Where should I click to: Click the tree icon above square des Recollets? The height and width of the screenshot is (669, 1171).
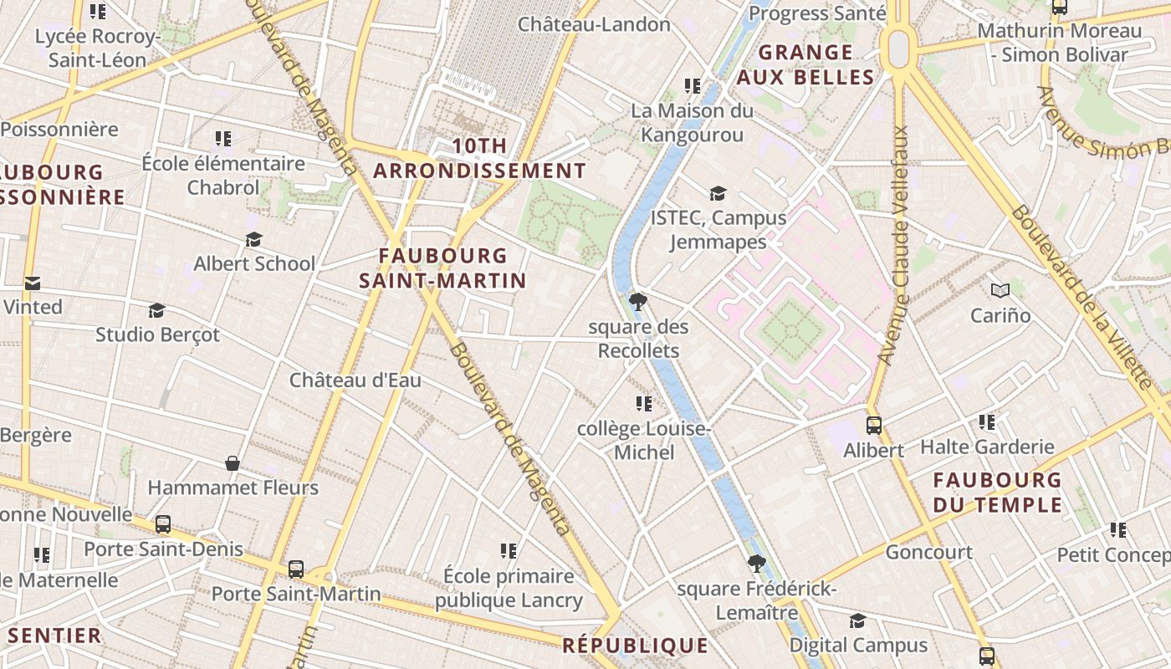pyautogui.click(x=638, y=301)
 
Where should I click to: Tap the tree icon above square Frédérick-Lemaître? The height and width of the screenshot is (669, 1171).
pyautogui.click(x=756, y=564)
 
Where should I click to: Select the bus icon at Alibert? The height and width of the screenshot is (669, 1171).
pyautogui.click(x=873, y=425)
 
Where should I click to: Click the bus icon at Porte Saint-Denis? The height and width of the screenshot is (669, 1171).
pyautogui.click(x=163, y=524)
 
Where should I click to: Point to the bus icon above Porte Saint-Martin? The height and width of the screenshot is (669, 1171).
pyautogui.click(x=296, y=569)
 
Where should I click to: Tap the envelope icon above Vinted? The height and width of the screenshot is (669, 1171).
pyautogui.click(x=33, y=283)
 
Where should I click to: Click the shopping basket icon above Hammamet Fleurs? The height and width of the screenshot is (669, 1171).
pyautogui.click(x=233, y=462)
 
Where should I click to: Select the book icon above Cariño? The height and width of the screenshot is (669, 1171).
pyautogui.click(x=1000, y=290)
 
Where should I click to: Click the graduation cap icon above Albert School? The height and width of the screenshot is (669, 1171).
pyautogui.click(x=254, y=239)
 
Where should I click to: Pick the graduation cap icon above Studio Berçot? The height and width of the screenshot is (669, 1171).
pyautogui.click(x=156, y=310)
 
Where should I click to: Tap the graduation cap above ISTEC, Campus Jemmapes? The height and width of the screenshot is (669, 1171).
pyautogui.click(x=718, y=193)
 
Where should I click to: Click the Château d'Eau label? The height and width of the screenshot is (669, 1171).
pyautogui.click(x=355, y=380)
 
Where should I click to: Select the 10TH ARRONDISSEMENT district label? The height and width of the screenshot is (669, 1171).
pyautogui.click(x=479, y=158)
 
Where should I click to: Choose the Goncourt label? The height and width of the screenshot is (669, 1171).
pyautogui.click(x=928, y=552)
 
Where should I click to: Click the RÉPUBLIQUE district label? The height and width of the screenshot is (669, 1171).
pyautogui.click(x=635, y=646)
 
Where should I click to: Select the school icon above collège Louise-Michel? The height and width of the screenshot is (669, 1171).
pyautogui.click(x=643, y=404)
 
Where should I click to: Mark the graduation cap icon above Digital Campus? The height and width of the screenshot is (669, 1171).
pyautogui.click(x=857, y=620)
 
